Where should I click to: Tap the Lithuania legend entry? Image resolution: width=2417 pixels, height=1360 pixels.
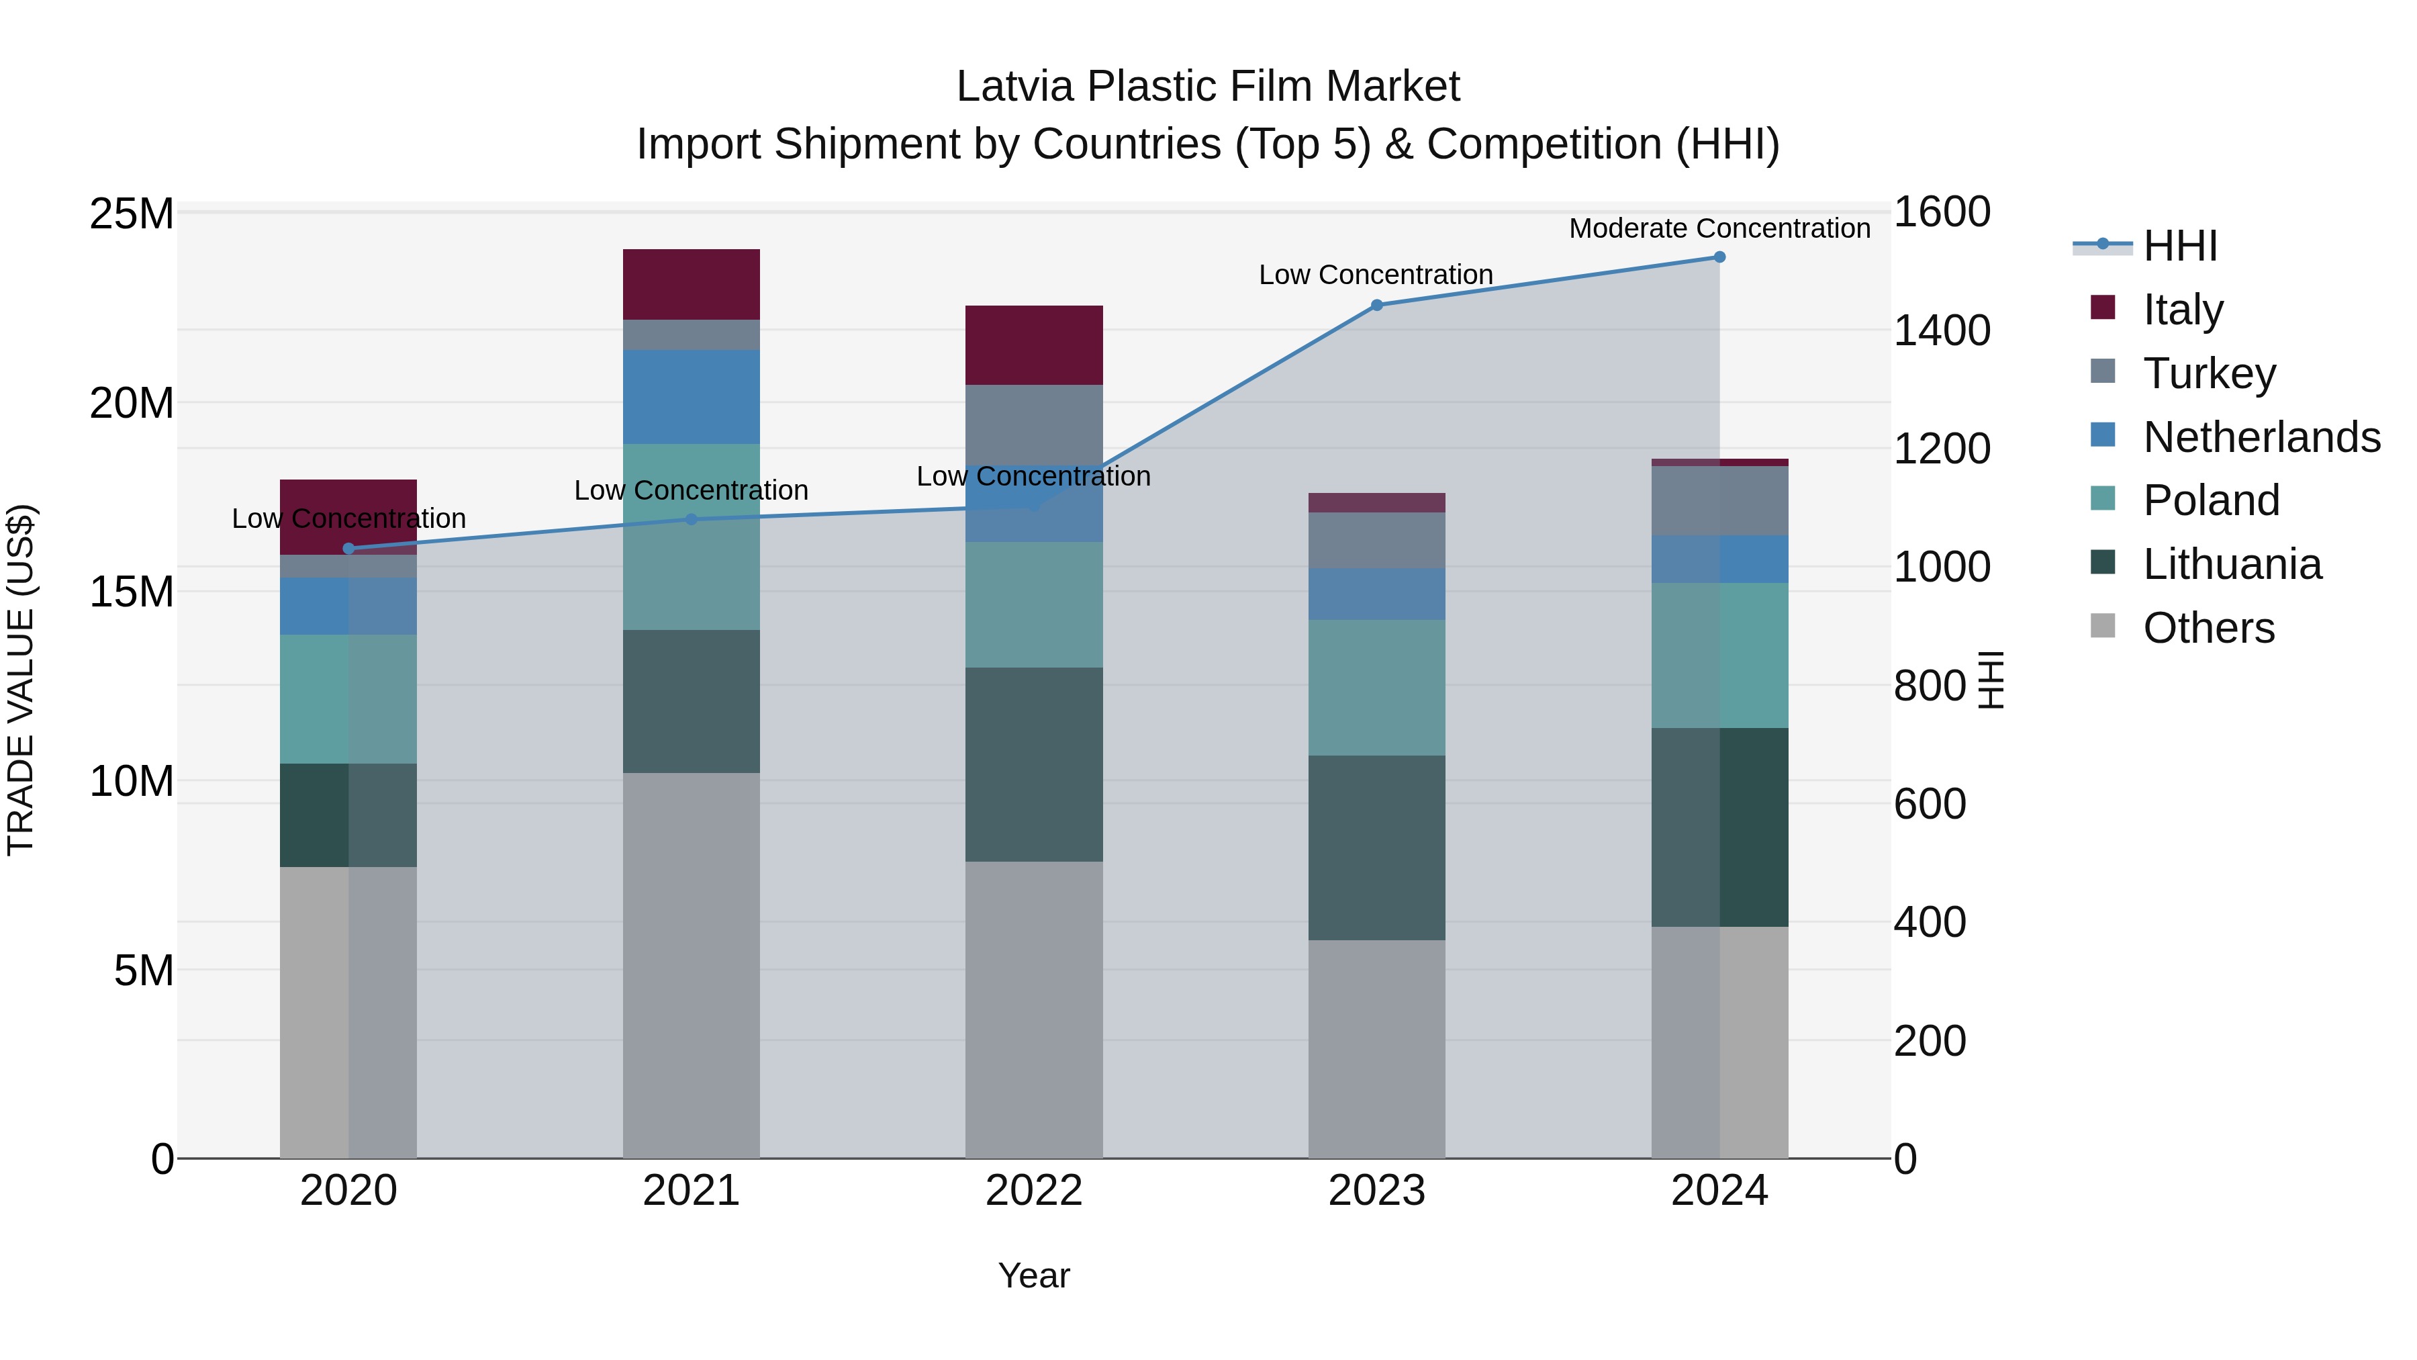tap(2231, 565)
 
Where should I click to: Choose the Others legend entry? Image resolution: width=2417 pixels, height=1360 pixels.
tap(2208, 628)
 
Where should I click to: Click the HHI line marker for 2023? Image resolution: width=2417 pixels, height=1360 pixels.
tap(1376, 305)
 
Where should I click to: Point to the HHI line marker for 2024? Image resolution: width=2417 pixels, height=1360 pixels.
tap(1719, 257)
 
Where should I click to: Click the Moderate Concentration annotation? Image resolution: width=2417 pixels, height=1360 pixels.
tap(1719, 228)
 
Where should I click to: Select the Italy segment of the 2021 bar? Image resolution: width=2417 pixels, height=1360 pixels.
tap(691, 284)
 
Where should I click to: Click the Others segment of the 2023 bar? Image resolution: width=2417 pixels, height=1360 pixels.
tap(1376, 1048)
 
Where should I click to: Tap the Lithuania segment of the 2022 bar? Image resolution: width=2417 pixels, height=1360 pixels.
tap(1034, 764)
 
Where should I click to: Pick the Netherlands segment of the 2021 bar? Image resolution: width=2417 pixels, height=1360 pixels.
tap(691, 397)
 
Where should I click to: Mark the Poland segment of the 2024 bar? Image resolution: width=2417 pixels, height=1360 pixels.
tap(1719, 655)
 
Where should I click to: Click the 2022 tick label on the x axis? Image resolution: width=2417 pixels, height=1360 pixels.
tap(1034, 1191)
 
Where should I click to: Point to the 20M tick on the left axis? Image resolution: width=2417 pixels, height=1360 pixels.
tap(132, 404)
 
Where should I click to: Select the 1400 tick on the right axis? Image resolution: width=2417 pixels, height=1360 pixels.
tap(1941, 330)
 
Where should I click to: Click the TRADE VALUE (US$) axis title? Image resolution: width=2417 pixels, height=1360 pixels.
tap(21, 680)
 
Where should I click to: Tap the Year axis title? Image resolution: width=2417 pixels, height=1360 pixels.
tap(1034, 1275)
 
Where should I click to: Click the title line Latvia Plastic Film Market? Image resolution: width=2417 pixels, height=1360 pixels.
tap(1208, 87)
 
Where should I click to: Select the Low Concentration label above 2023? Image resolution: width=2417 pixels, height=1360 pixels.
tap(1376, 275)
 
